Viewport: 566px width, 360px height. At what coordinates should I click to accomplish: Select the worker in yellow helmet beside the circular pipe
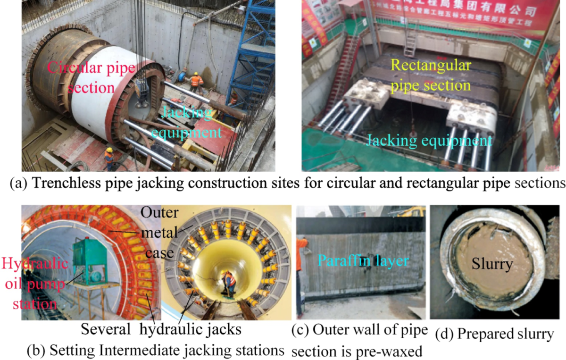109,158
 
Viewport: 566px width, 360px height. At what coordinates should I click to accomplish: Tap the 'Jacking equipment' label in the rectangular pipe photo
429,140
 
